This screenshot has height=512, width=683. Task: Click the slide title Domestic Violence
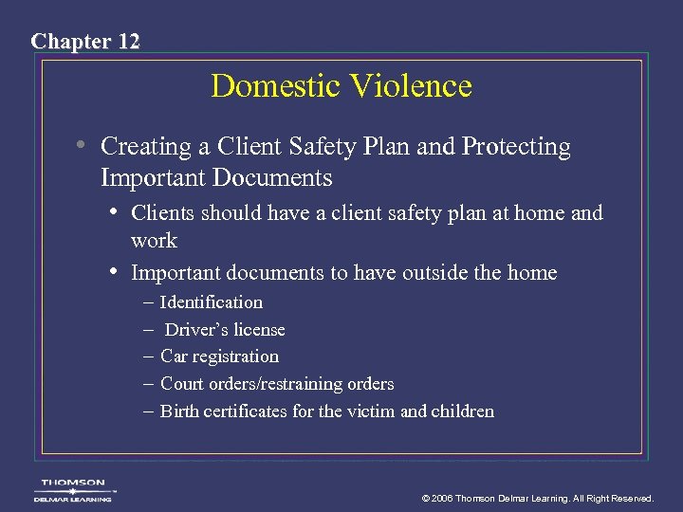(x=341, y=86)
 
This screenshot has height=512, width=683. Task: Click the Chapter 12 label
(x=85, y=41)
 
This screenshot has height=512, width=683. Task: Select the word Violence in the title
(x=412, y=86)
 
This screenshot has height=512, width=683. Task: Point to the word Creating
(x=145, y=147)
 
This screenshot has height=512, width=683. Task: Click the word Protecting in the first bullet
(x=516, y=148)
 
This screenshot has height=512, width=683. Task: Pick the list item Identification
(x=212, y=302)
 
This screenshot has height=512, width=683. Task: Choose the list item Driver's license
(x=225, y=330)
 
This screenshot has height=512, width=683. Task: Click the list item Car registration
(x=219, y=357)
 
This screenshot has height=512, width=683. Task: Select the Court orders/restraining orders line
(x=277, y=384)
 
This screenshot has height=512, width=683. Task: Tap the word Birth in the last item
(x=180, y=411)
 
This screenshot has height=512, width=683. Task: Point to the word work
(x=154, y=241)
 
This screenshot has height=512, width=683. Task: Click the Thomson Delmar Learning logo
(x=73, y=489)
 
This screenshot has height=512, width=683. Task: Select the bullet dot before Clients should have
(x=114, y=212)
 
